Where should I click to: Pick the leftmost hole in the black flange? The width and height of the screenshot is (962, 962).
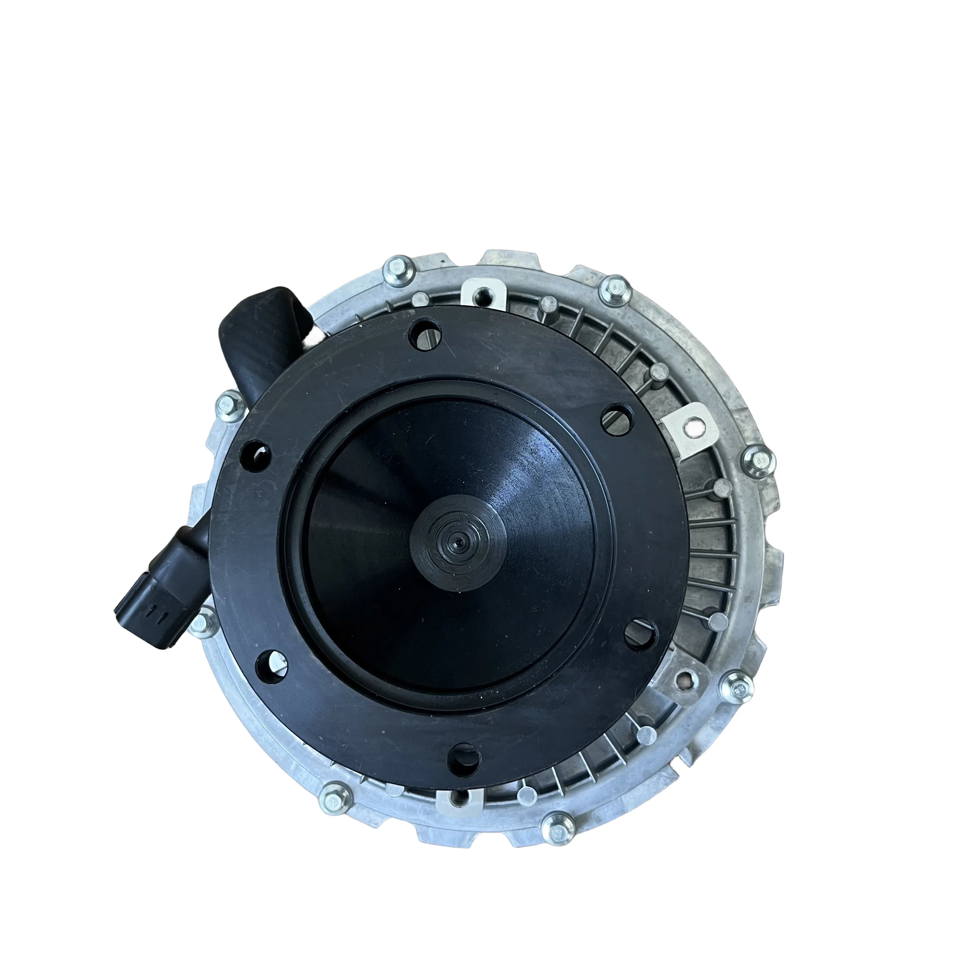tap(256, 455)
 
